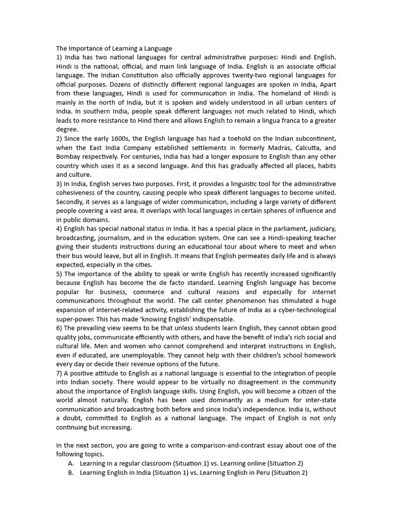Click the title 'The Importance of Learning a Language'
pos(114,49)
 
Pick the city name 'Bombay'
pos(69,157)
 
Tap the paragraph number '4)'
pos(60,228)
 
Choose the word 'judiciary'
pos(319,228)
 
